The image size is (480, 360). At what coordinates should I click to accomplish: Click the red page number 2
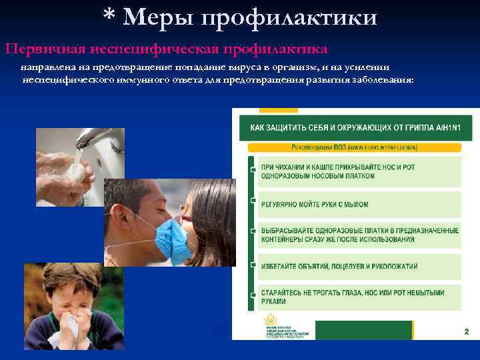coord(466,331)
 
